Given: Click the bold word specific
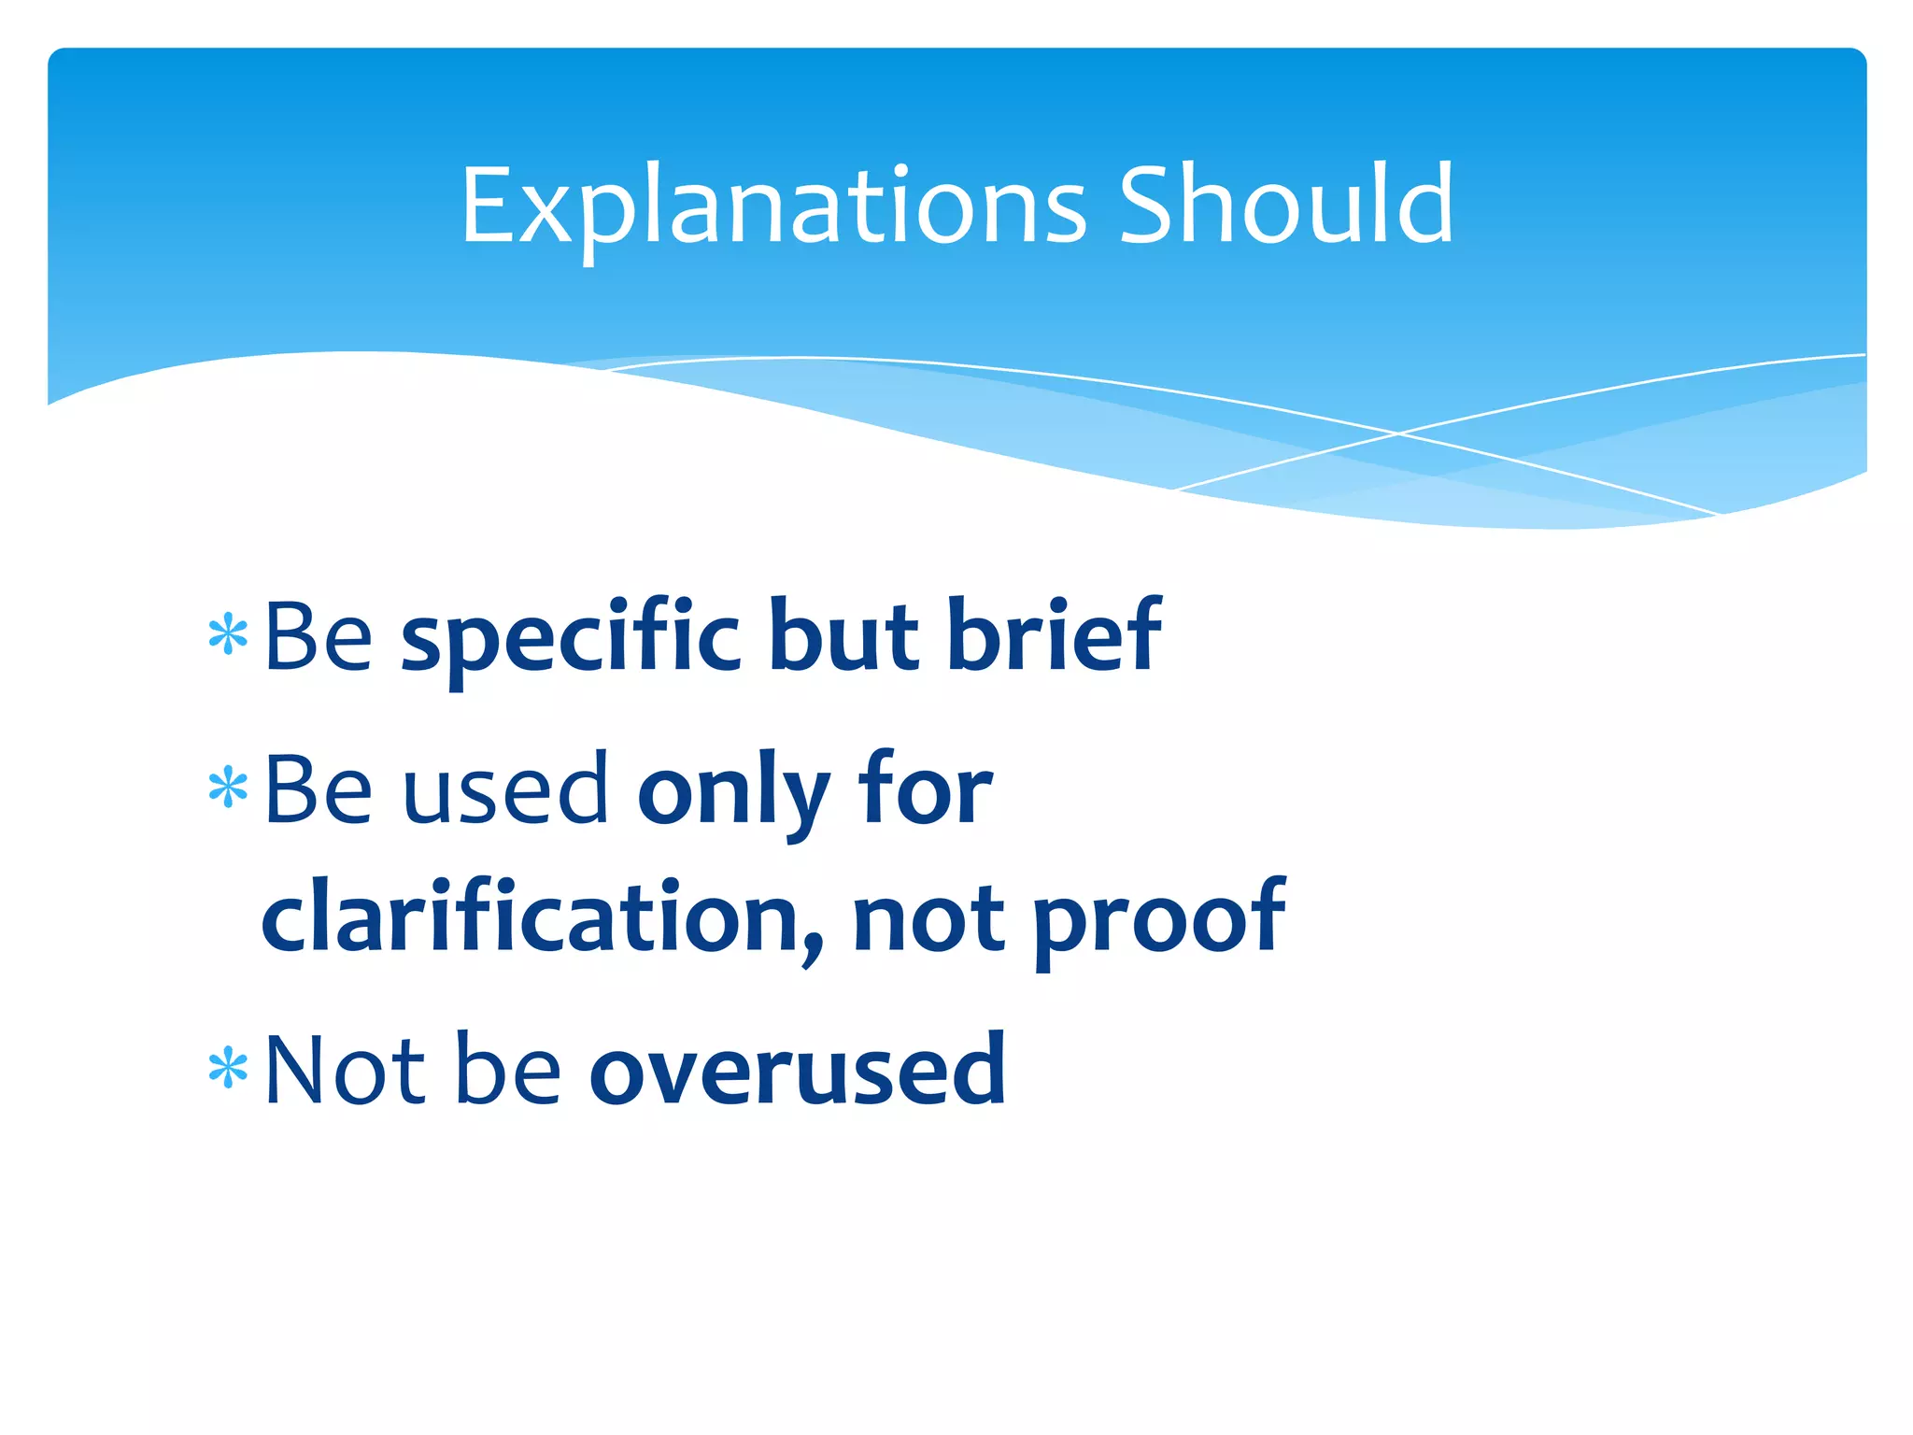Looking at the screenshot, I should click(x=571, y=639).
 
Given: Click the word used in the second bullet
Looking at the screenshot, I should click(x=506, y=790).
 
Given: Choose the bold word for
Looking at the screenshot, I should click(x=926, y=790).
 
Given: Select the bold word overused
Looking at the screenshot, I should click(x=798, y=1071).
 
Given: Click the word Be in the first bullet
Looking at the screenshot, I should click(x=319, y=637).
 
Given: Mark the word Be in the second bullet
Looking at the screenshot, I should click(x=319, y=790).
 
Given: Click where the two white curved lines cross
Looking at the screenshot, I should click(x=1398, y=433).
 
